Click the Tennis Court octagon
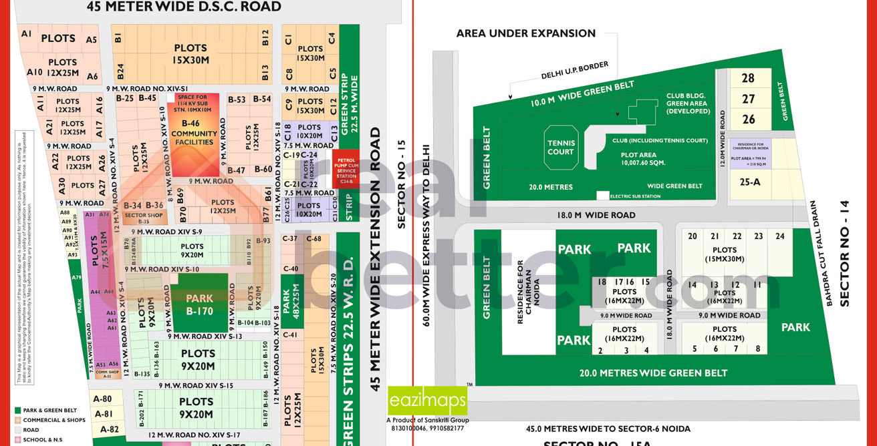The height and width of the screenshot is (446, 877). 561,147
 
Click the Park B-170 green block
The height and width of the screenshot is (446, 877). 200,304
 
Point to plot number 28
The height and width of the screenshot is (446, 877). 748,78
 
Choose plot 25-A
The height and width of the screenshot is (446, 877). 748,182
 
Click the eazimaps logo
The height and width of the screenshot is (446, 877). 428,401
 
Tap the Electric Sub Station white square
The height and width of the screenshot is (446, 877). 603,196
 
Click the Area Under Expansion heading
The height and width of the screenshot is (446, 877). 525,33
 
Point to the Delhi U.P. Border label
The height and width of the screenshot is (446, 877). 576,69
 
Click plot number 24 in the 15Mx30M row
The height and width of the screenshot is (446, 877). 779,236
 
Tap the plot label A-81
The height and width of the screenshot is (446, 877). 103,414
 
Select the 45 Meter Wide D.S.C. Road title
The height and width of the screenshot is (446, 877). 184,7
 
